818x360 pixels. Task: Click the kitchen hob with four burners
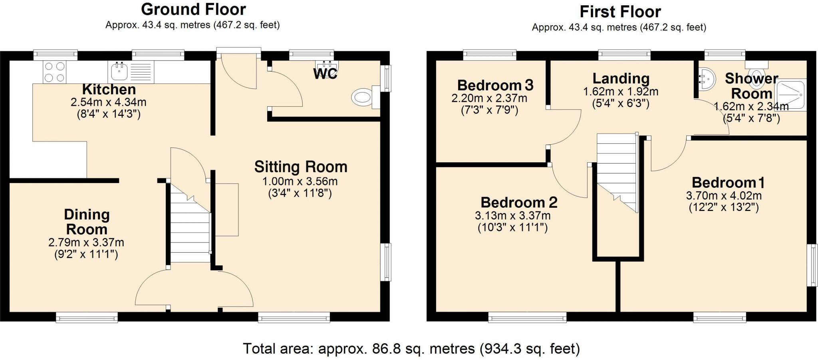(54, 72)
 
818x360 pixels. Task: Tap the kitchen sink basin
(119, 72)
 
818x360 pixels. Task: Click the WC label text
(325, 74)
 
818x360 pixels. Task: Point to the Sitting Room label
(301, 167)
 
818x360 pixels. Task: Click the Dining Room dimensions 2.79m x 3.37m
(86, 243)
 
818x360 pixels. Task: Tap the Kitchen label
(109, 89)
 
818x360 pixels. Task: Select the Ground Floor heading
(193, 9)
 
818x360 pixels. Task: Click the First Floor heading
(620, 12)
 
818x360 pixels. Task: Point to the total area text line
(411, 349)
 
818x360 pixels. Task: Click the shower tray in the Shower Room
(791, 95)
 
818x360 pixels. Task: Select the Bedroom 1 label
(728, 183)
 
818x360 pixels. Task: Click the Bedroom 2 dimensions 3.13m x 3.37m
(513, 216)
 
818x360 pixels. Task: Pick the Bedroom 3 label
(495, 85)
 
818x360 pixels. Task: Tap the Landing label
(621, 78)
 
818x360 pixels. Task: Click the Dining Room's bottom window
(87, 318)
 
